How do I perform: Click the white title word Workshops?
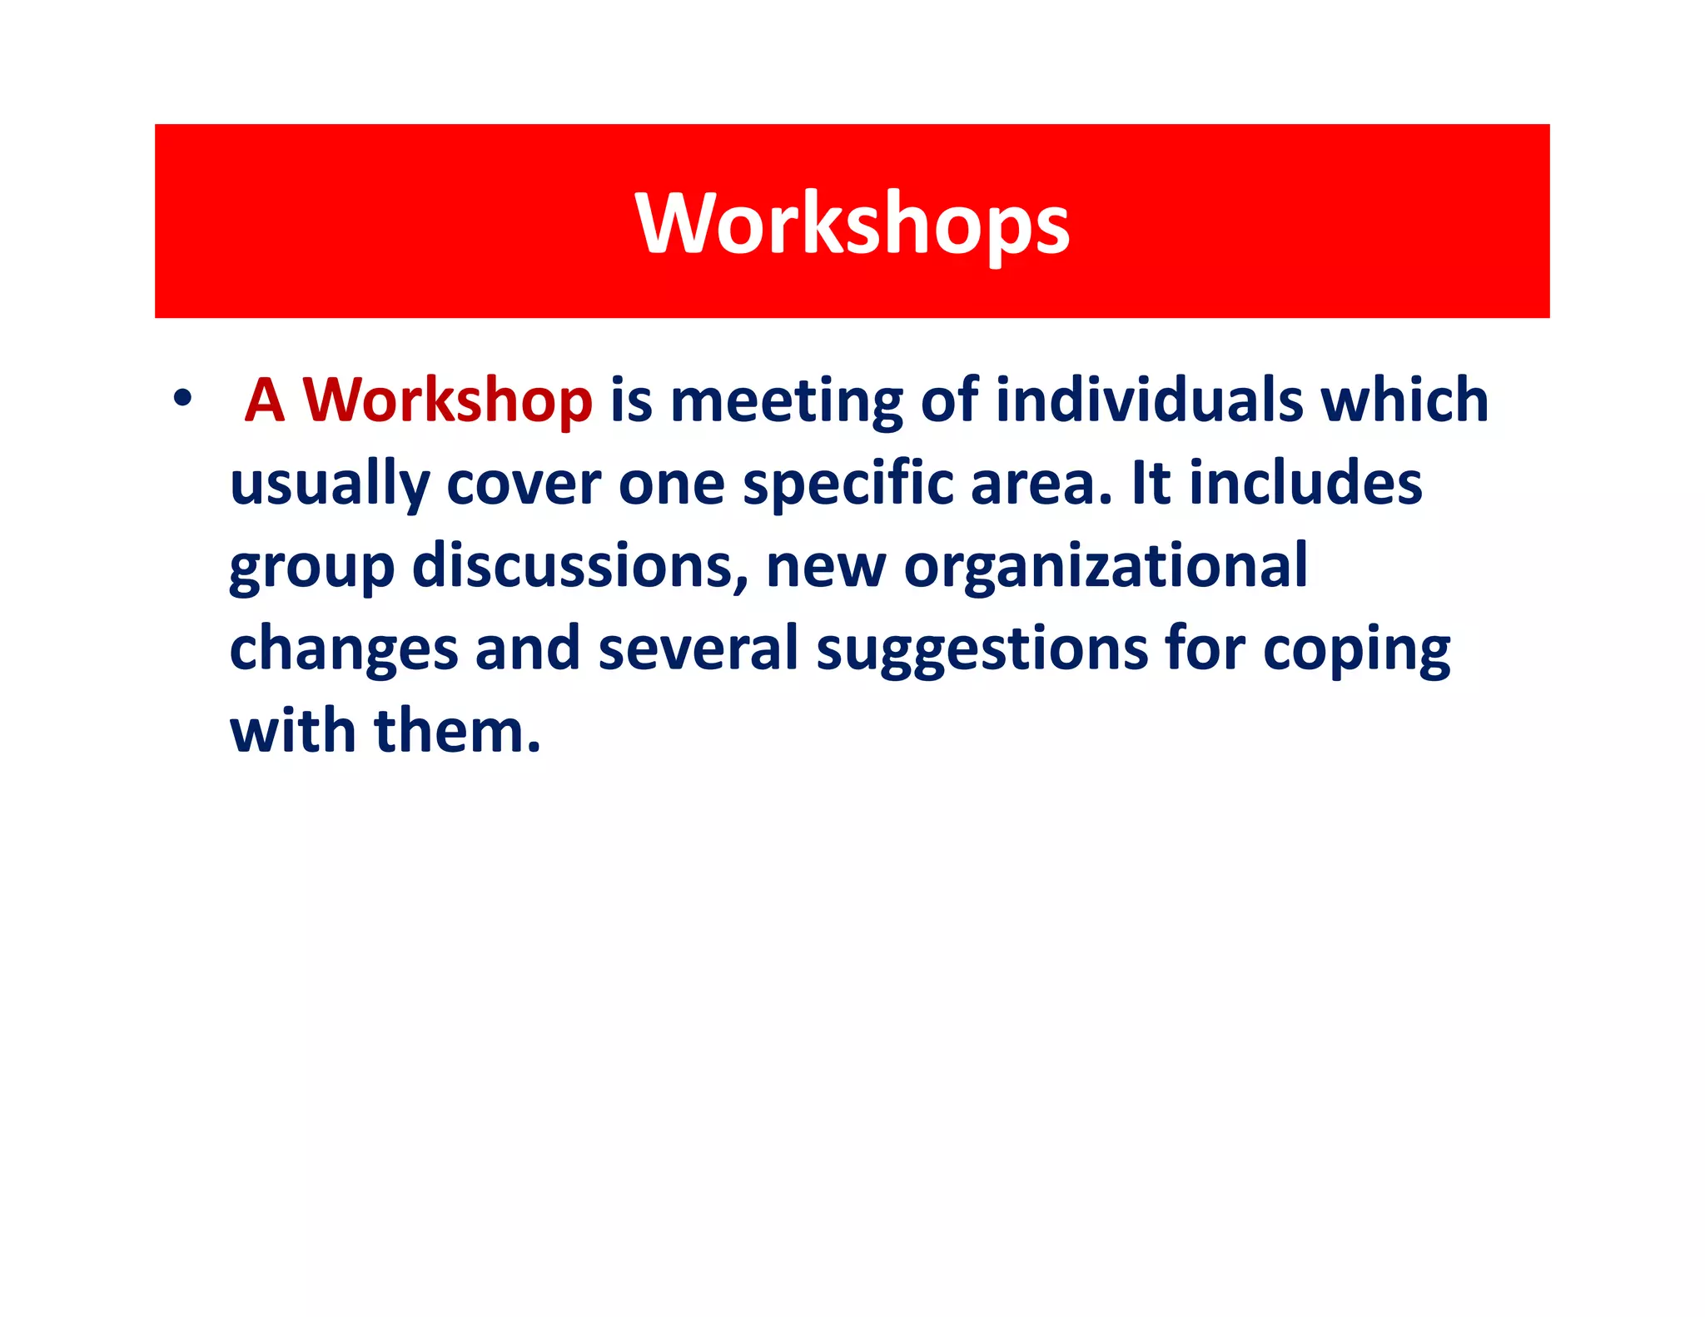click(852, 222)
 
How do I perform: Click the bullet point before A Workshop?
click(181, 399)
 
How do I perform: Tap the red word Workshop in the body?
click(447, 400)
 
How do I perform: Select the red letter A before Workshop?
click(265, 400)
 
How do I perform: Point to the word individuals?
click(1149, 400)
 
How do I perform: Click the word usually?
click(330, 485)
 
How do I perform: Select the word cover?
click(524, 484)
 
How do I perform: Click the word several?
click(698, 649)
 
